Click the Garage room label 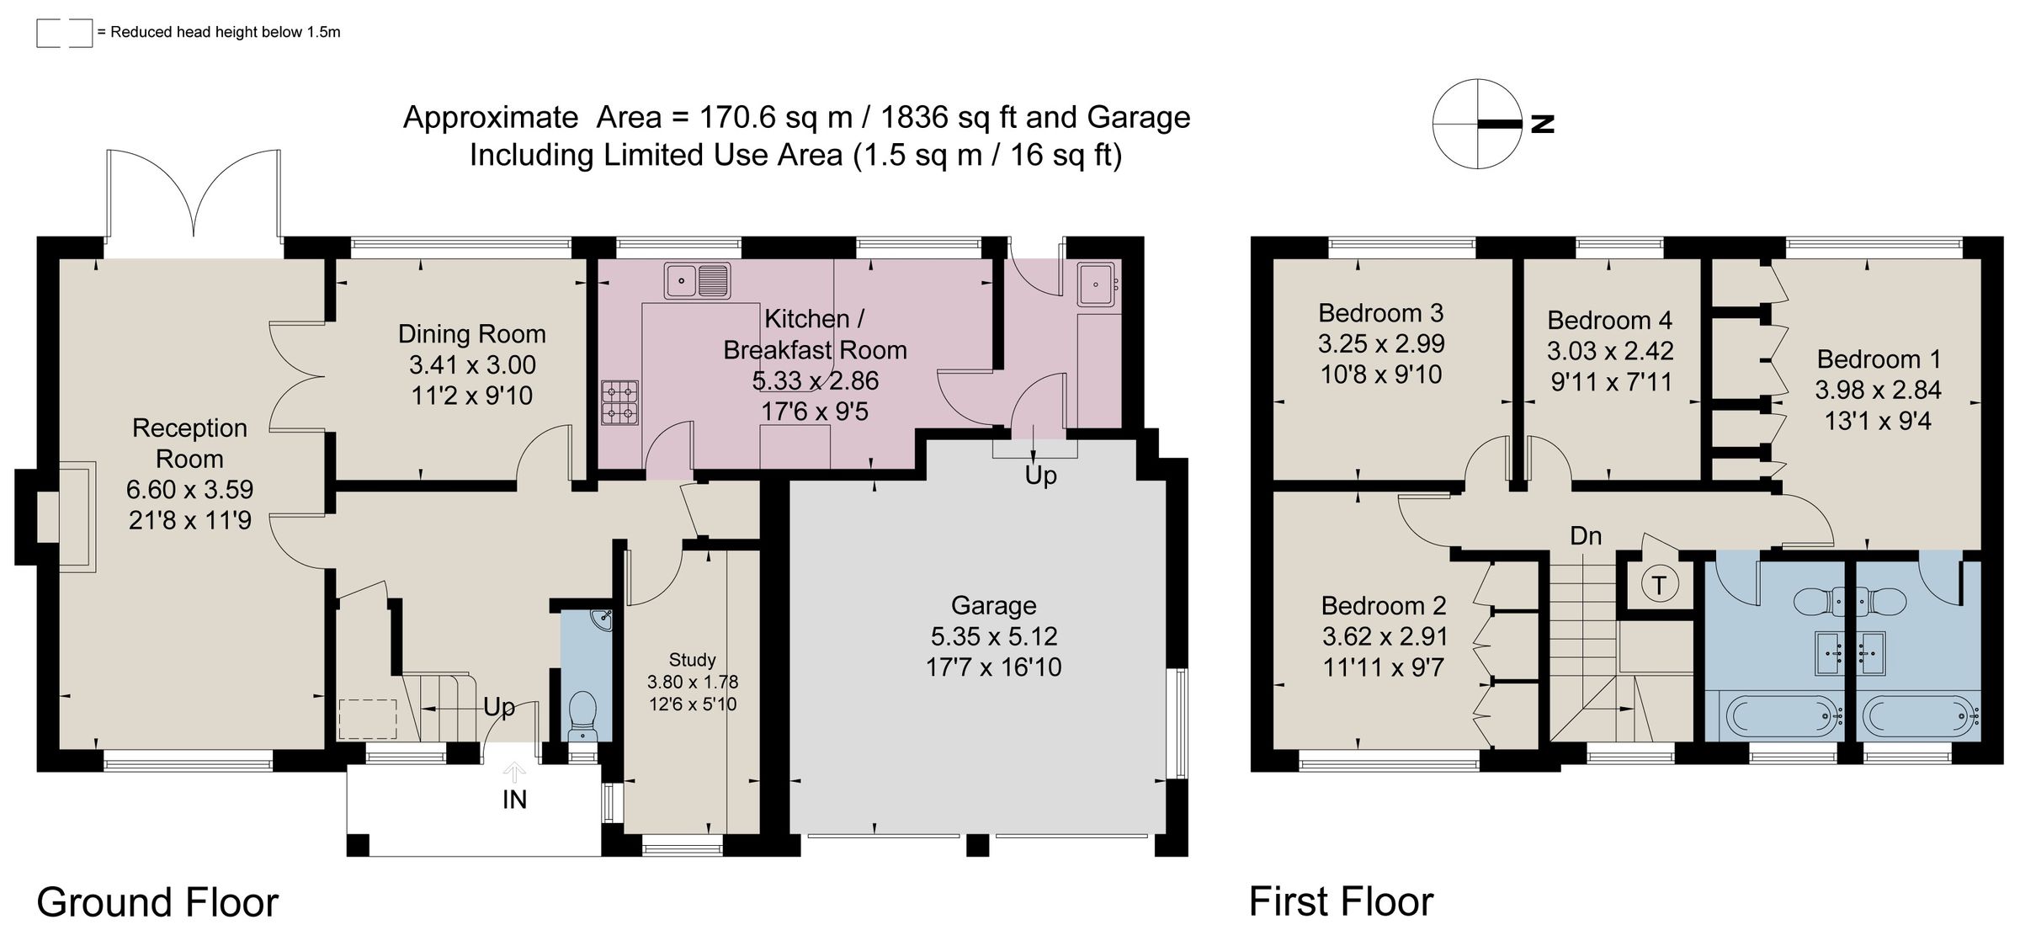[x=993, y=605]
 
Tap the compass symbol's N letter [x=1542, y=124]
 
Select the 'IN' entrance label [x=514, y=800]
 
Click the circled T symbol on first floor [x=1659, y=585]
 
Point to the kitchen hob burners [x=619, y=402]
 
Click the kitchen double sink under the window [x=697, y=280]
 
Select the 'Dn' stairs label [x=1586, y=536]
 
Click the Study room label [x=692, y=660]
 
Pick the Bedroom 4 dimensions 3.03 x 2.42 [x=1610, y=351]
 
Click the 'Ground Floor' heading [x=157, y=902]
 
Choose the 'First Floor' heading [x=1341, y=902]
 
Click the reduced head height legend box [x=64, y=33]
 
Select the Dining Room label [x=471, y=334]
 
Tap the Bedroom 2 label [x=1384, y=605]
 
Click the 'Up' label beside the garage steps [x=1040, y=476]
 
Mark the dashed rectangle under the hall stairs [x=368, y=719]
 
